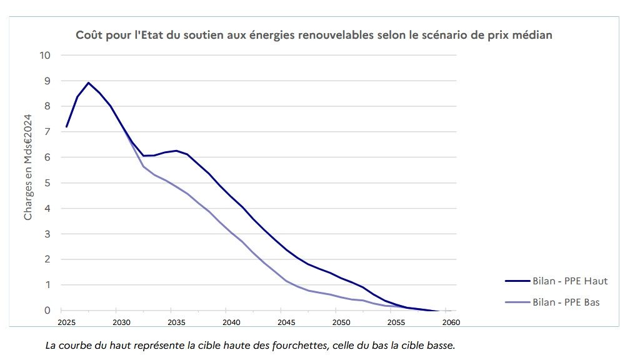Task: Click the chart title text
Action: tap(314, 35)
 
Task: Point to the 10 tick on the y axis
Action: tap(46, 55)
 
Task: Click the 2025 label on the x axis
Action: tap(66, 322)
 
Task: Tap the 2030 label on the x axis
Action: tap(121, 322)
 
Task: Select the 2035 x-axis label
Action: tap(176, 322)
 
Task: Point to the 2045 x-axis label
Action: tap(286, 322)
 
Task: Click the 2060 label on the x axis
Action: tap(451, 322)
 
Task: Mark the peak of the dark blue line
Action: tap(88, 82)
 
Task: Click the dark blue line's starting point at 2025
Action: tap(66, 127)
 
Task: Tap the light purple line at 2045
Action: tap(286, 281)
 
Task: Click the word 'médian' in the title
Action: tap(531, 35)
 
